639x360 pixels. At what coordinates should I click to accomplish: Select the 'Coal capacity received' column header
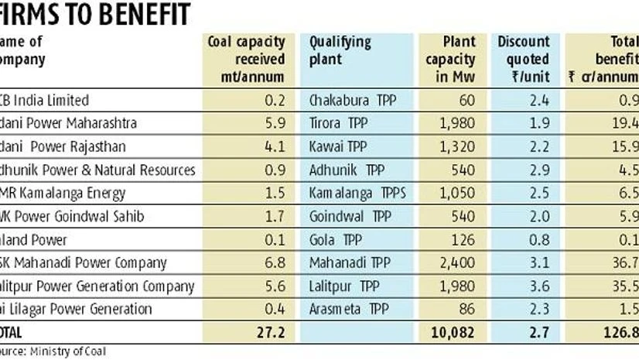246,59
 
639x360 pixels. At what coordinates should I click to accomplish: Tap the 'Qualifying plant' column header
340,50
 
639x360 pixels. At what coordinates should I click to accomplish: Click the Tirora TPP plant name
337,123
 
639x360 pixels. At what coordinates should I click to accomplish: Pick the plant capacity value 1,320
457,146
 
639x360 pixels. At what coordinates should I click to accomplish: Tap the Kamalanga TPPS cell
347,193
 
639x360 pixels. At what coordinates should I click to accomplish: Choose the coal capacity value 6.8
275,263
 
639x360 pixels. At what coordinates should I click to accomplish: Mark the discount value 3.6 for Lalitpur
539,286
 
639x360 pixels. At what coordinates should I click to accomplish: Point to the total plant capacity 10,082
453,333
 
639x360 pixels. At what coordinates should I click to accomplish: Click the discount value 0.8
539,240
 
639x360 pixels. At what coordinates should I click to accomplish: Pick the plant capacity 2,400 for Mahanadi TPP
457,263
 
